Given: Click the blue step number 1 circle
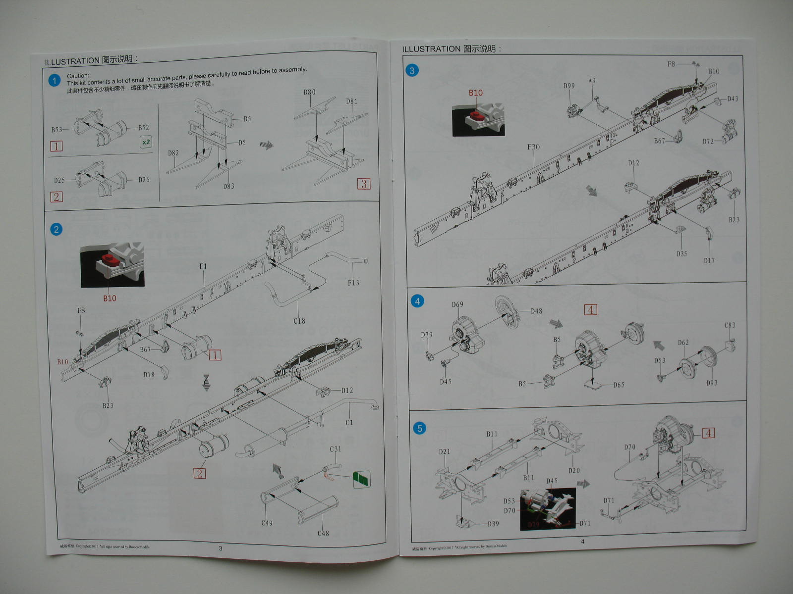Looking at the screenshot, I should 55,80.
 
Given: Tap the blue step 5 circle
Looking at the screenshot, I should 419,428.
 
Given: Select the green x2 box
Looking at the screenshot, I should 146,142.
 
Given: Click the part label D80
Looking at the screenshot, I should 309,92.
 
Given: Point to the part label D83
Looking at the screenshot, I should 228,186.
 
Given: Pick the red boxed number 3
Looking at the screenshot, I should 364,184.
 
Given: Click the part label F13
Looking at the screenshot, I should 353,283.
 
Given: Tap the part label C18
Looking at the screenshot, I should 299,321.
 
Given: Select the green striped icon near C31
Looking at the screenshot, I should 362,479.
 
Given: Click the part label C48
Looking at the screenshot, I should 323,533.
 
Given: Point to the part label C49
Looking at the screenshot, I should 267,523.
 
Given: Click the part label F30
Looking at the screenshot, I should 533,147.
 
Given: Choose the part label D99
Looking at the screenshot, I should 569,86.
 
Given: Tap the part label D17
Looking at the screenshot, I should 709,260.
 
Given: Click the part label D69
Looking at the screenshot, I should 457,304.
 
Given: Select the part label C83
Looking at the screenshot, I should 730,325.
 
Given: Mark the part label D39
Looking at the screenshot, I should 493,524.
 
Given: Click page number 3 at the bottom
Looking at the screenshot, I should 221,548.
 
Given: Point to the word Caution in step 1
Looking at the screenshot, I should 78,76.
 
